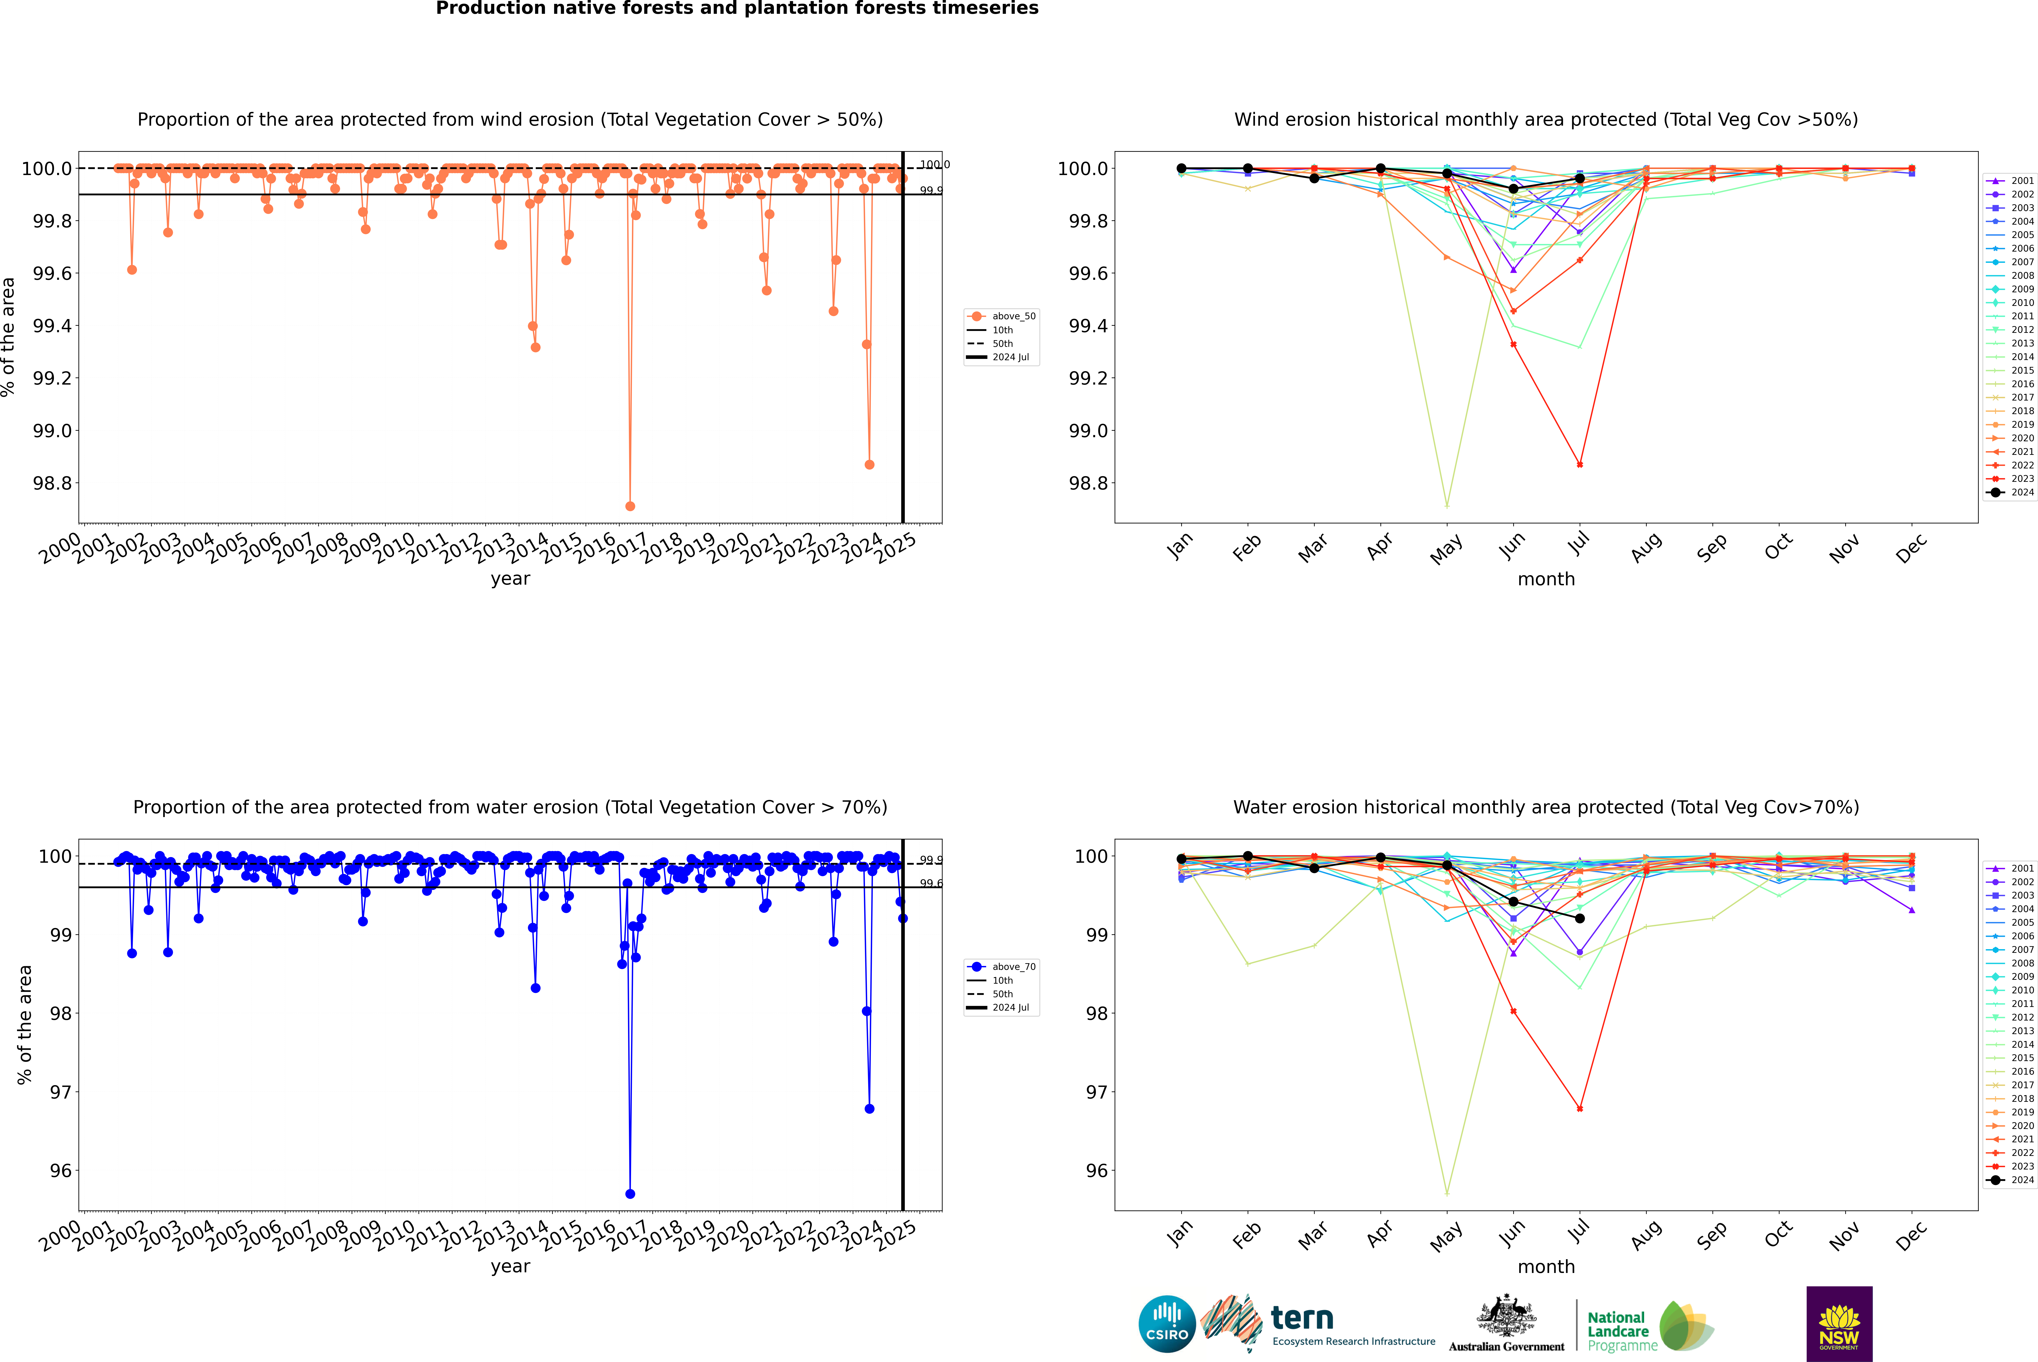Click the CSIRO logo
click(1167, 1324)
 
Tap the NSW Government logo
click(1839, 1324)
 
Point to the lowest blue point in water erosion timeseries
click(630, 1193)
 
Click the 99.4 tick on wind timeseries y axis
click(52, 326)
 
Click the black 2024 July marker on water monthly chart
click(1579, 918)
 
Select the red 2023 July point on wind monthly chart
click(1579, 465)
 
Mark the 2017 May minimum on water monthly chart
click(1446, 1193)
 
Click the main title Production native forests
click(737, 9)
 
